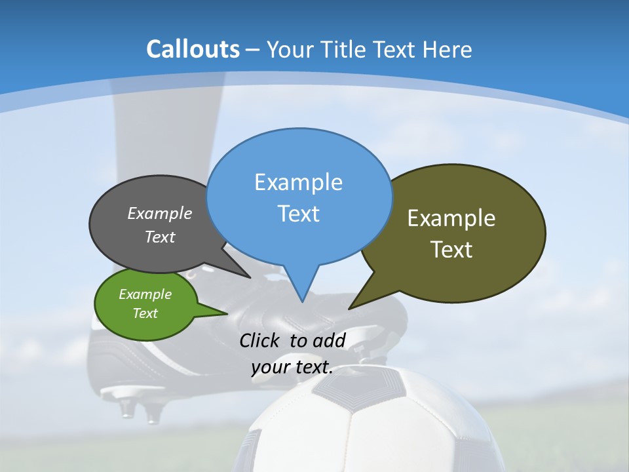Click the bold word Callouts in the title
[x=193, y=49]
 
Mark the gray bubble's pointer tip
[x=250, y=277]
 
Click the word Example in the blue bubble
[x=298, y=182]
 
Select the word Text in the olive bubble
[x=452, y=250]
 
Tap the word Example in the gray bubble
[x=159, y=214]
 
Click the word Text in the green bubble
[x=145, y=313]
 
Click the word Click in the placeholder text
[x=261, y=340]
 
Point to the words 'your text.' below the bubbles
[x=292, y=367]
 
